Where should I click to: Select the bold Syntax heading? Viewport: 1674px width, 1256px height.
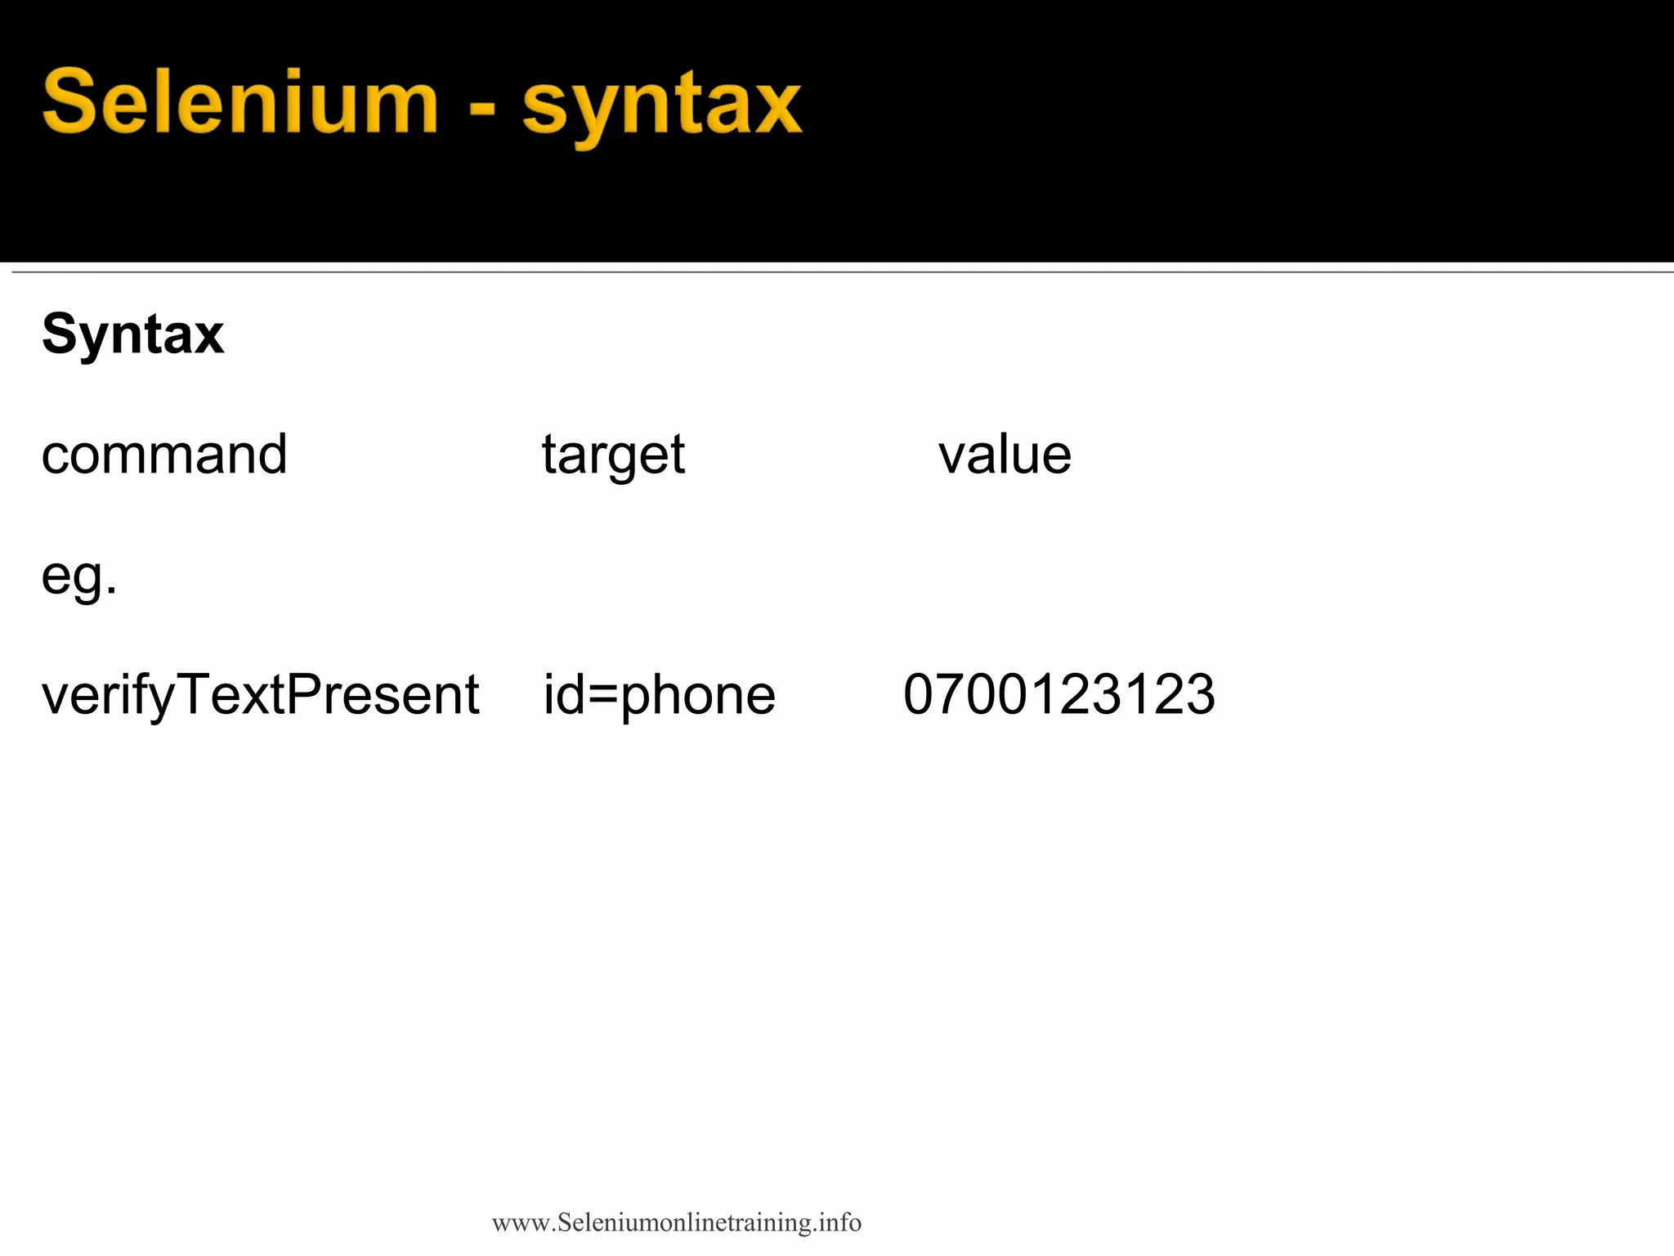click(132, 334)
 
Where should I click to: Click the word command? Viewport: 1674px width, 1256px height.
click(164, 455)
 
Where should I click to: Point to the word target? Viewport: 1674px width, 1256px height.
click(613, 456)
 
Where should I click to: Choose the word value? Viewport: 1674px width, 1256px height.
click(1005, 455)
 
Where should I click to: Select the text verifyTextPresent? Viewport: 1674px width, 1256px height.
click(260, 696)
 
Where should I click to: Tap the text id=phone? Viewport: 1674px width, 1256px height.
click(660, 696)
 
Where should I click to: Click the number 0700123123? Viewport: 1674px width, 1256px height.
click(1059, 695)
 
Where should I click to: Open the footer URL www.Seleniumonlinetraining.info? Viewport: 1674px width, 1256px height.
click(677, 1222)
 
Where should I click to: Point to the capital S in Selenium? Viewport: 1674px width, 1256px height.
click(70, 102)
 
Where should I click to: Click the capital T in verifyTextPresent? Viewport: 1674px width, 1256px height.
click(194, 694)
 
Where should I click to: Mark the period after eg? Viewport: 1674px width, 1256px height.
click(112, 590)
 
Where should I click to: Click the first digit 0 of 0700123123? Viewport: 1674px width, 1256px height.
click(919, 695)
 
